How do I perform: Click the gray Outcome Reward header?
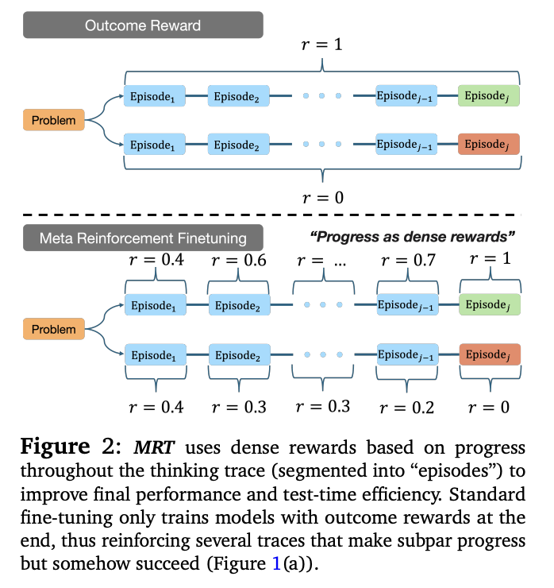coord(143,26)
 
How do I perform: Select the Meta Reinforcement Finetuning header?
coord(143,238)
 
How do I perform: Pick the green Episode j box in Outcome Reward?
coord(488,96)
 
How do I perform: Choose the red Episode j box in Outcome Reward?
coord(488,145)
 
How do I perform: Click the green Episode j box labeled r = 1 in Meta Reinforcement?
coord(488,304)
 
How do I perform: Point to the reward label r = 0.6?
coord(239,260)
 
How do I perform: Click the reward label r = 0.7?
coord(408,260)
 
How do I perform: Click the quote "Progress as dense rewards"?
coord(413,236)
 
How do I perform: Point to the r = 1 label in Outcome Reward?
coord(321,44)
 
